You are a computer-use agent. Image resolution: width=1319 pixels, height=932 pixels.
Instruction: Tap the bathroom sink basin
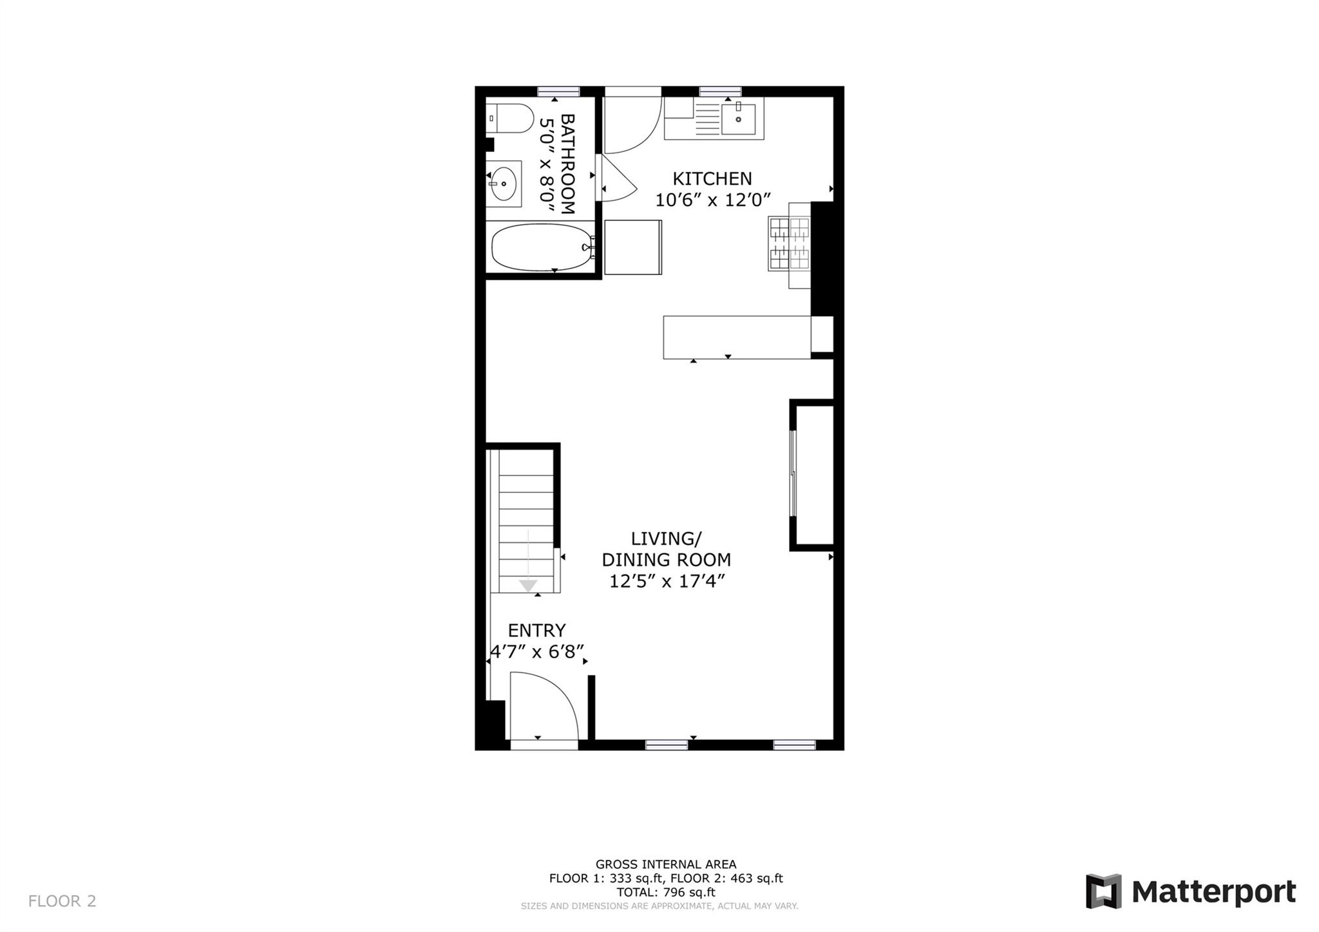[x=503, y=184]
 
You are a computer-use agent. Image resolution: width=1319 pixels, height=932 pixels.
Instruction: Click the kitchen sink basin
[x=738, y=119]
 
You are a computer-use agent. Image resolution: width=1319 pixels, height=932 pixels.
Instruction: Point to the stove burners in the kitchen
[x=789, y=243]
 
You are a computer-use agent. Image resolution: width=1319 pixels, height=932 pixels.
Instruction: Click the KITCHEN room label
[x=712, y=178]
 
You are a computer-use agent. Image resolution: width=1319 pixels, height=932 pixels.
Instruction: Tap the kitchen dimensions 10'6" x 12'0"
[x=712, y=200]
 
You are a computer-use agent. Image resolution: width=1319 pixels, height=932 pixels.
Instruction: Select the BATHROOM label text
[x=567, y=164]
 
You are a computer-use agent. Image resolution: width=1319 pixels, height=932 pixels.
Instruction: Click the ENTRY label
[x=536, y=630]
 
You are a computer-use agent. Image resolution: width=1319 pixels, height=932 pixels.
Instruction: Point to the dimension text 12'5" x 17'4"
[x=667, y=582]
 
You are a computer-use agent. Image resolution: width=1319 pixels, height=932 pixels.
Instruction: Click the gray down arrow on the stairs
[x=528, y=584]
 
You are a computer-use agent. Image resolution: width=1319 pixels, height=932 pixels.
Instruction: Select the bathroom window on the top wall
[x=558, y=91]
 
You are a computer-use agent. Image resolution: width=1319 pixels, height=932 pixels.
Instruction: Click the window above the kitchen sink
[x=720, y=91]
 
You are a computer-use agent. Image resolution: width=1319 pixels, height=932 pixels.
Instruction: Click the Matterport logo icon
[x=1103, y=891]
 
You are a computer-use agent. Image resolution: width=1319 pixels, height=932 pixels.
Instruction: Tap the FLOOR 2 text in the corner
[x=62, y=901]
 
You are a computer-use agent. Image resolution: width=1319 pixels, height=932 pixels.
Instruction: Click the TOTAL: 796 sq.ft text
[x=666, y=893]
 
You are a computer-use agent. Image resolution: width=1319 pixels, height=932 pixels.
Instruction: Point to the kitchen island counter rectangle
[x=736, y=337]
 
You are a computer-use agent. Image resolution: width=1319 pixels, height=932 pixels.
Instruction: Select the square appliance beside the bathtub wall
[x=632, y=247]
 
